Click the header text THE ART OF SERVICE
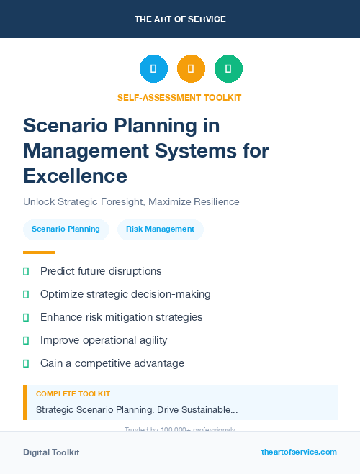click(x=180, y=19)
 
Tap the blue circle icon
click(x=153, y=69)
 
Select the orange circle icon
click(x=191, y=69)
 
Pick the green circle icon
click(x=228, y=69)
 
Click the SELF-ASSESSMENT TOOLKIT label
click(x=180, y=97)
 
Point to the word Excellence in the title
click(x=75, y=176)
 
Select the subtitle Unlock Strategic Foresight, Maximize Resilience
click(x=131, y=202)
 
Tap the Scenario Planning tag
click(x=66, y=229)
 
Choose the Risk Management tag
click(x=160, y=229)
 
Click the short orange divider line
click(x=39, y=252)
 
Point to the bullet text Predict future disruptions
click(x=101, y=271)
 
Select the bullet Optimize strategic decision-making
click(x=125, y=294)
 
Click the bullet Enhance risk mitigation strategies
click(x=121, y=317)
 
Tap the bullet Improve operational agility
click(x=104, y=340)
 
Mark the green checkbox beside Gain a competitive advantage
click(x=26, y=363)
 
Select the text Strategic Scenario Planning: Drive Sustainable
click(x=137, y=409)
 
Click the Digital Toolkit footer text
click(x=51, y=452)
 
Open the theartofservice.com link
click(x=299, y=452)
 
